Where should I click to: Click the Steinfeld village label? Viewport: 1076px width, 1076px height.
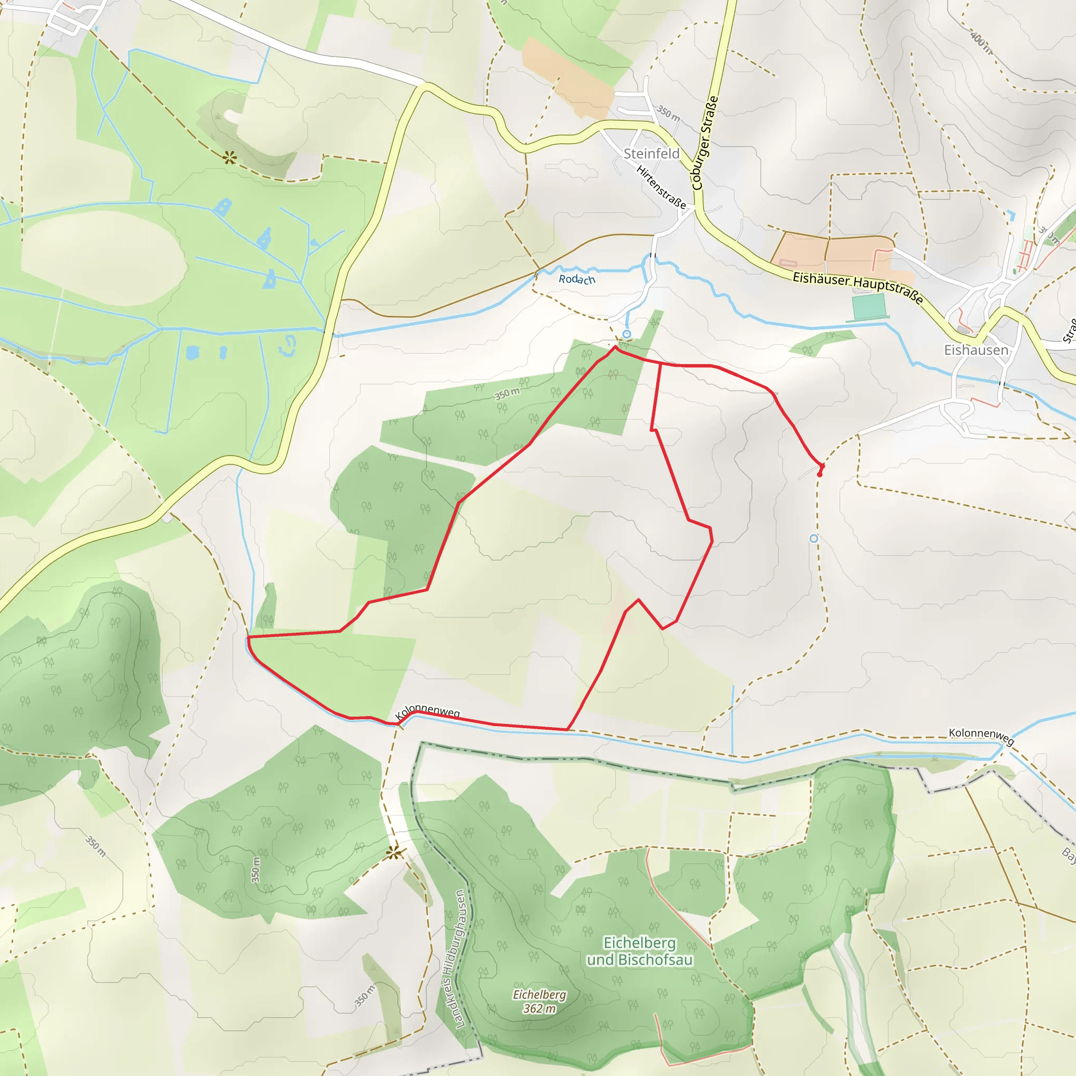point(651,153)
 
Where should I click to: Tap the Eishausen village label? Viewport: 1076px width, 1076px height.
point(976,350)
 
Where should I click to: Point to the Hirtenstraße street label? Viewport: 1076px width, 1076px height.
point(661,187)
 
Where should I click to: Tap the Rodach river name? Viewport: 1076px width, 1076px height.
point(577,279)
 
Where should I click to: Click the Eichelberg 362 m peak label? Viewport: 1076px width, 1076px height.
point(539,1001)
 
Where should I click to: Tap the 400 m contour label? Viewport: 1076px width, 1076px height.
point(981,43)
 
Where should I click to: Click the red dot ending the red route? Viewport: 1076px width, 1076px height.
point(819,474)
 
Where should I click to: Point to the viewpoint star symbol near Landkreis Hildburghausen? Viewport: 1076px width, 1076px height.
point(394,853)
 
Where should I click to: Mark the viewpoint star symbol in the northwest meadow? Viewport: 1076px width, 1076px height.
point(229,159)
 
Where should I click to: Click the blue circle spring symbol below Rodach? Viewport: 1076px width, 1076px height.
point(627,334)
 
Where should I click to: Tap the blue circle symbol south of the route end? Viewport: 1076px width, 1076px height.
point(814,539)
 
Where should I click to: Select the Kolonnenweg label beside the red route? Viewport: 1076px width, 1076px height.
point(427,711)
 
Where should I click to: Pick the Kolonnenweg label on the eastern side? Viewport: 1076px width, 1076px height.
point(981,736)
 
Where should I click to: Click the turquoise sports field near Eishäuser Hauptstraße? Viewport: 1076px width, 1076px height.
point(868,306)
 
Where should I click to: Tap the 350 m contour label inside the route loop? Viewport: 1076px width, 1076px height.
point(507,394)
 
